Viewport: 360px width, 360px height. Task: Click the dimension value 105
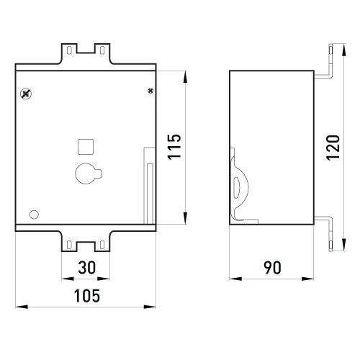click(87, 296)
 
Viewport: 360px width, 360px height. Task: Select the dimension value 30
click(87, 267)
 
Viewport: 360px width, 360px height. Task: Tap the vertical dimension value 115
click(174, 147)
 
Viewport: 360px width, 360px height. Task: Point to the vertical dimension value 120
click(333, 148)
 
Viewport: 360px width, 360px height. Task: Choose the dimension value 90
click(272, 268)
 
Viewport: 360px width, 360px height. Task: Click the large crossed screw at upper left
click(26, 94)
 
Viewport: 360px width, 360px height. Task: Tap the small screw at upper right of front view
click(150, 91)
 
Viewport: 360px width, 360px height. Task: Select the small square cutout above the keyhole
click(86, 147)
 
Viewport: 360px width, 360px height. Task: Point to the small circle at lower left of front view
click(34, 215)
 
